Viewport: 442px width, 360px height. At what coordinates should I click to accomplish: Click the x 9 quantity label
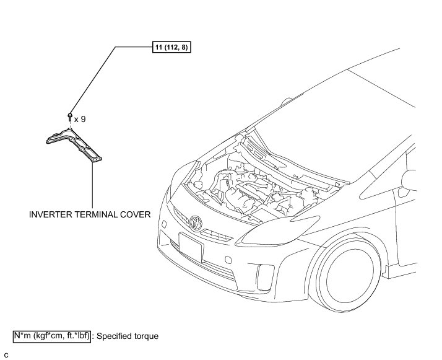pos(79,118)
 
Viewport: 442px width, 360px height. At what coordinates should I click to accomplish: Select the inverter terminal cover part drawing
pos(74,143)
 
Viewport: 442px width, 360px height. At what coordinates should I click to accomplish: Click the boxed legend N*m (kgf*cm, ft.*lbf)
pos(52,336)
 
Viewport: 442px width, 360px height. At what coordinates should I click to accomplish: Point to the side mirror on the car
pos(410,180)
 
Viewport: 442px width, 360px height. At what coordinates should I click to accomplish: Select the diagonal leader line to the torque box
pos(93,78)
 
